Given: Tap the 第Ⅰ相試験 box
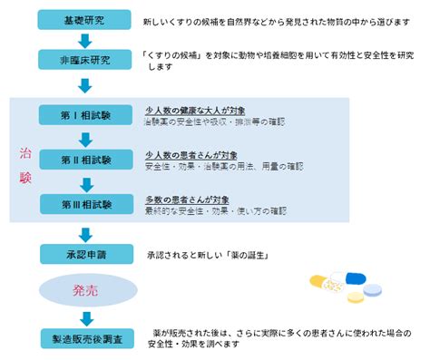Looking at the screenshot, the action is pos(86,116).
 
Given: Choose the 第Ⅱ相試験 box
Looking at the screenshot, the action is pos(86,160).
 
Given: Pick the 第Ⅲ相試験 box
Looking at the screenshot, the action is pos(86,204).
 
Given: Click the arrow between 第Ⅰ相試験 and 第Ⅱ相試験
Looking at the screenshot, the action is pos(85,138).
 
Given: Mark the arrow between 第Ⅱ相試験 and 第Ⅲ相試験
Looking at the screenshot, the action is pos(85,182).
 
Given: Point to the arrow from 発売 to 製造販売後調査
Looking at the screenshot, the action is pos(85,316).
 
